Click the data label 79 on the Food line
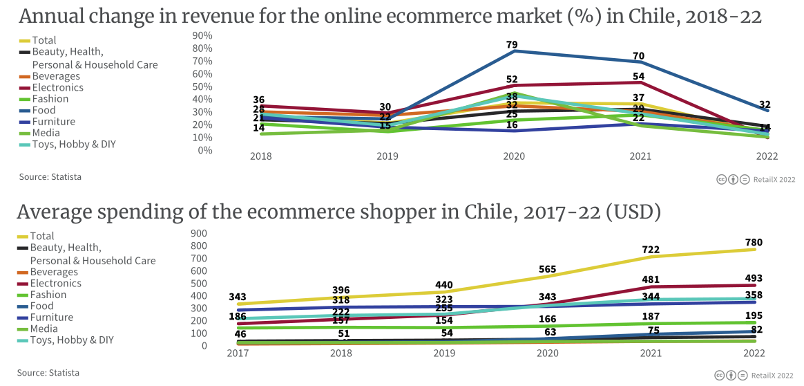click(512, 45)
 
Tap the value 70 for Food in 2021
click(638, 56)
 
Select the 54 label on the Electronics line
click(638, 76)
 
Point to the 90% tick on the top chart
click(202, 35)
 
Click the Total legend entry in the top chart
click(44, 40)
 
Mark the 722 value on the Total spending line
click(650, 250)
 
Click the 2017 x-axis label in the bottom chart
click(238, 353)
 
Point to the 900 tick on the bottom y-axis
click(198, 233)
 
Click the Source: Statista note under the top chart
click(50, 176)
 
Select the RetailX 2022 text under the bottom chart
click(773, 375)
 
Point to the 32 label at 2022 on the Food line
click(765, 105)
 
